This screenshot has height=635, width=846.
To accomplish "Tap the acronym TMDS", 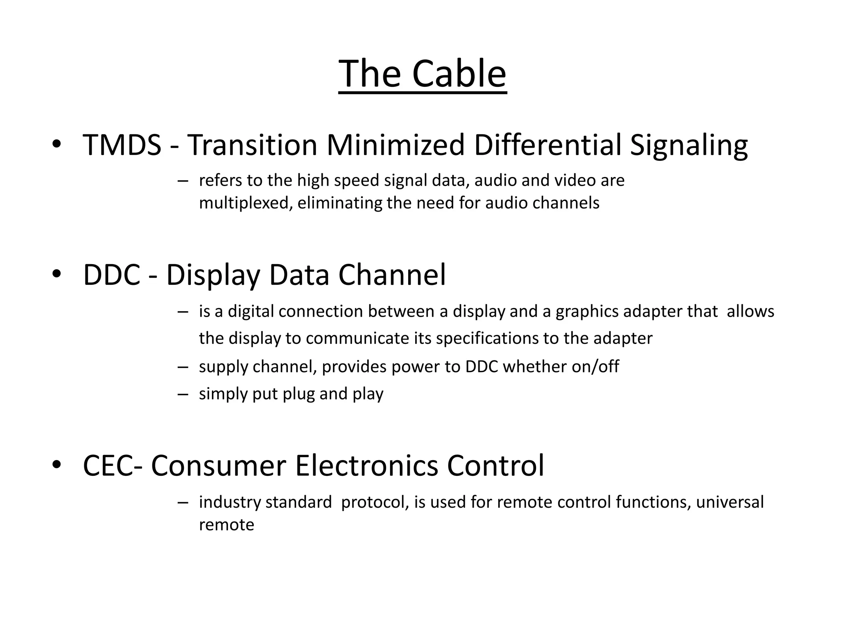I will [x=122, y=145].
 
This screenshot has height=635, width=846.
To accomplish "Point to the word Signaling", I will [x=689, y=146].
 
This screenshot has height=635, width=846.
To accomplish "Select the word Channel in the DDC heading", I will [x=392, y=275].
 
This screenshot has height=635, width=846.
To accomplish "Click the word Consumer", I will [x=219, y=466].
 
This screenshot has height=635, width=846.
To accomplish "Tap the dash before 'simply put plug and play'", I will [x=183, y=394].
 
